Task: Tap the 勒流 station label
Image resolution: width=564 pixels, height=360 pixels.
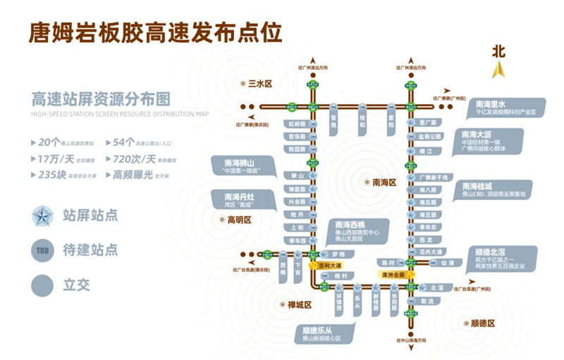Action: pyautogui.click(x=427, y=301)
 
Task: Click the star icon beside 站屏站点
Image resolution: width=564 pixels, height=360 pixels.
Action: pyautogui.click(x=45, y=216)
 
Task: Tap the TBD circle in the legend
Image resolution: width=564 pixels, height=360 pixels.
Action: pyautogui.click(x=44, y=249)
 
